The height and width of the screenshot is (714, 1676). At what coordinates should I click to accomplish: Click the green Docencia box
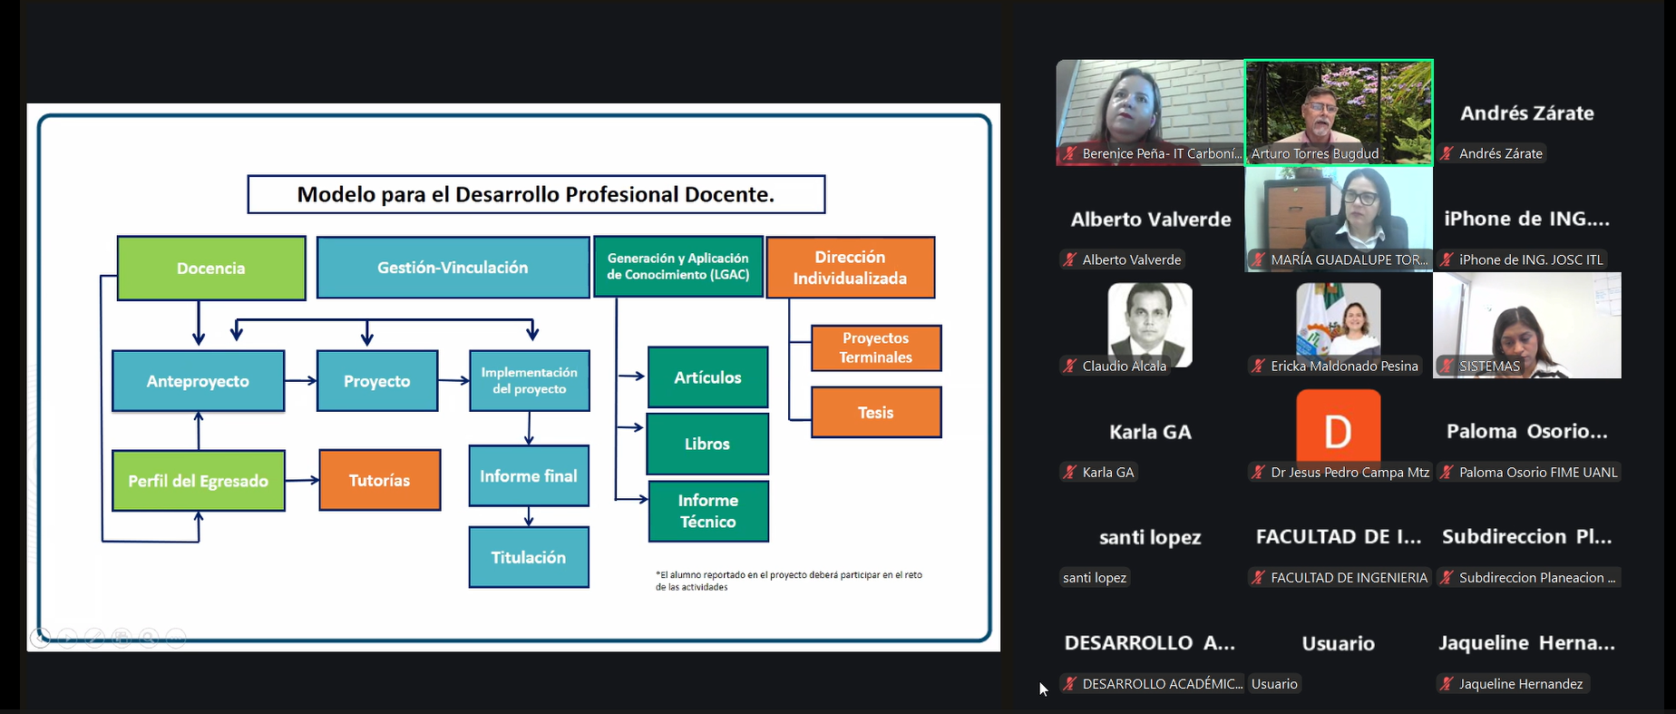point(211,268)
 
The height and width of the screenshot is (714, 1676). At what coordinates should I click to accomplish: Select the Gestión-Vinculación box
point(453,268)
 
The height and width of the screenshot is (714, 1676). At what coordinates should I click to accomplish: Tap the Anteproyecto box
point(198,381)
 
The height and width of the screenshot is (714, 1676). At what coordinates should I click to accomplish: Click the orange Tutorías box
point(379,480)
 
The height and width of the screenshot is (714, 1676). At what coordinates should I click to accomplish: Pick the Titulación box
point(529,557)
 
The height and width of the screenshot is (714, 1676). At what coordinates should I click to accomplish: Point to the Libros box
point(707,444)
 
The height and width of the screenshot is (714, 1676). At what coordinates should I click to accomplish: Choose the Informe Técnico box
point(708,511)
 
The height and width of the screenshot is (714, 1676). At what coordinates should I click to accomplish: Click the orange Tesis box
point(875,413)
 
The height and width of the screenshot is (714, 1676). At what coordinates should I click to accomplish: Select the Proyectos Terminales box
point(875,347)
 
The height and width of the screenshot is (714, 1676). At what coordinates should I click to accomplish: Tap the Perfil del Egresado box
point(198,480)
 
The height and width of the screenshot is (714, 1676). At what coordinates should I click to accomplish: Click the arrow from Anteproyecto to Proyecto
point(301,381)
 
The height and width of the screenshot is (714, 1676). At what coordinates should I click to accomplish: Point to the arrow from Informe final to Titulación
point(529,516)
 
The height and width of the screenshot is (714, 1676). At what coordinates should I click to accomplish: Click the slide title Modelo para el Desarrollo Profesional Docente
point(536,194)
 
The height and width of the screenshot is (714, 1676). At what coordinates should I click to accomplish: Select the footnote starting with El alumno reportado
point(788,581)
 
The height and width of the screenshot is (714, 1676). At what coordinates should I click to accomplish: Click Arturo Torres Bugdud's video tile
point(1339,112)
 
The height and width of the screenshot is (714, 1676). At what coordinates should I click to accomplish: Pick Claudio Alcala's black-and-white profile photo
point(1150,324)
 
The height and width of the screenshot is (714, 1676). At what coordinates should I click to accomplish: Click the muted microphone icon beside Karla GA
point(1070,472)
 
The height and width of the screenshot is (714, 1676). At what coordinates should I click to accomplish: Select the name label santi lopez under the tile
point(1095,578)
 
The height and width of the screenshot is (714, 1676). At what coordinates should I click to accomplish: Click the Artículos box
point(707,377)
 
